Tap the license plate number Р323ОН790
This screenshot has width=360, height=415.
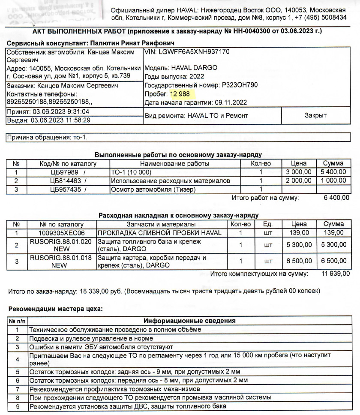(x=239, y=85)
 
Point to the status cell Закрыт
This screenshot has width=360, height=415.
(x=315, y=115)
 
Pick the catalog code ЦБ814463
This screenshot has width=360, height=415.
(x=63, y=181)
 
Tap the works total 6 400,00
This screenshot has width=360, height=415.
(x=336, y=198)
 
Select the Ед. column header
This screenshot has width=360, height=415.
(x=268, y=224)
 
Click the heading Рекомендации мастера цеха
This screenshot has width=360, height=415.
(x=56, y=308)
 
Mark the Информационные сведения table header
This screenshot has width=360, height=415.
(x=189, y=321)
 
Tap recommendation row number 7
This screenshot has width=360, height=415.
(x=17, y=389)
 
